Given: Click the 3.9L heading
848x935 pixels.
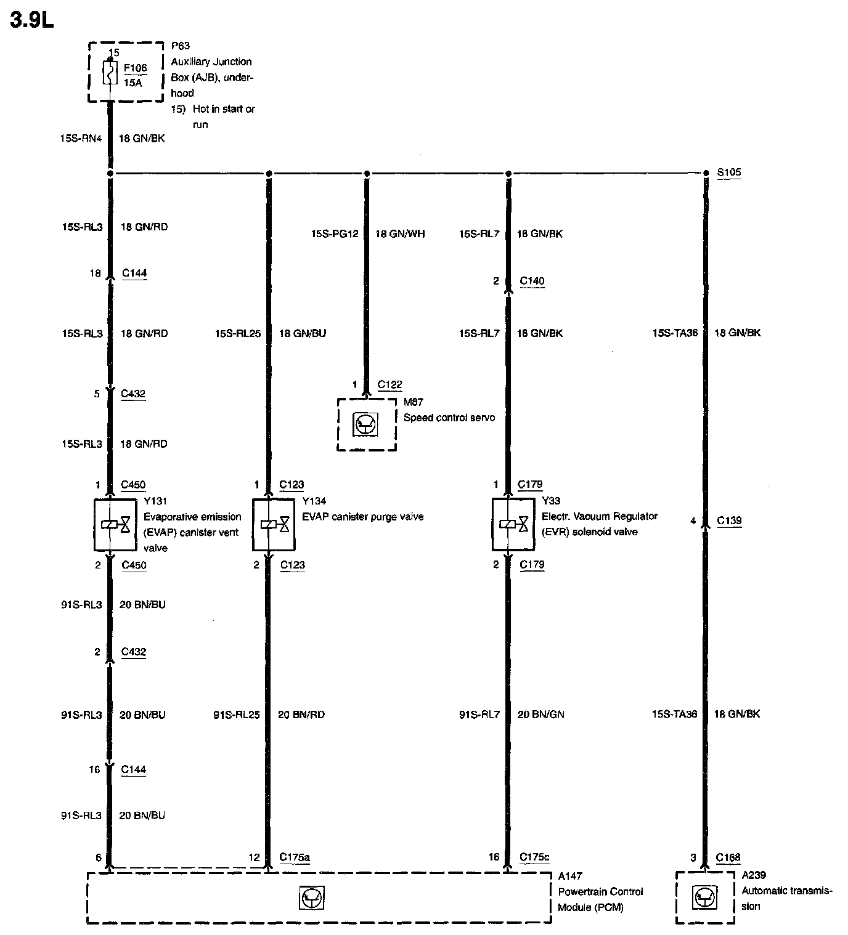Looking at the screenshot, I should point(32,20).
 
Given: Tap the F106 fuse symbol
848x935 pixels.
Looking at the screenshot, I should point(110,73).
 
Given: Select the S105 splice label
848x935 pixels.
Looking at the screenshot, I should point(729,172).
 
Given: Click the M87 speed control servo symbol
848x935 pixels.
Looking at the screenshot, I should point(367,424).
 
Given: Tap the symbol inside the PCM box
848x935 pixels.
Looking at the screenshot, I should point(312,897).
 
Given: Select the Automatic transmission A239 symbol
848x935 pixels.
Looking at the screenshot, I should point(705,897).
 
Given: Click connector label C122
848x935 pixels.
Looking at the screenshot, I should point(389,385).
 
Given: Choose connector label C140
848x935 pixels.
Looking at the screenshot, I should point(532,281).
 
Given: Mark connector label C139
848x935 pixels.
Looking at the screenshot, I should point(729,520).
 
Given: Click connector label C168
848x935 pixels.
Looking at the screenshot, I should point(728,857).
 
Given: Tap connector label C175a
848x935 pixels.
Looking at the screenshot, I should point(294,857).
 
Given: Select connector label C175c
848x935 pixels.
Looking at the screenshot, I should point(534,857).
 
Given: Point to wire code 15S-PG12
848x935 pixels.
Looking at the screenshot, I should point(334,234).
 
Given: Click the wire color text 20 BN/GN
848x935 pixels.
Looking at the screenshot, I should point(540,714).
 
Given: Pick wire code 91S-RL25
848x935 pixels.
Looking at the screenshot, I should point(236,714).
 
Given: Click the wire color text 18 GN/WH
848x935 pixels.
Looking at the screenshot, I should point(399,234).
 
